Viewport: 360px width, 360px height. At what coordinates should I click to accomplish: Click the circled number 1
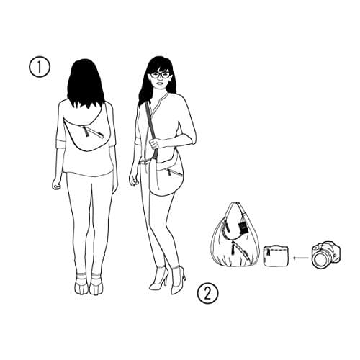tap(40, 67)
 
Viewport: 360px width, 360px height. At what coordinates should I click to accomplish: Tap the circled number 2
tap(208, 293)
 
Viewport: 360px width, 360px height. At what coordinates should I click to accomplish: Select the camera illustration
tap(326, 254)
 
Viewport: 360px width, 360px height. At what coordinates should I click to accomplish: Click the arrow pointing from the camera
tap(301, 258)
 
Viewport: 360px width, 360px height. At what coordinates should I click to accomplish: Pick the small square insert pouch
tap(276, 256)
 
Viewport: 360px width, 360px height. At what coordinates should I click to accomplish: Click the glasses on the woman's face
tap(160, 75)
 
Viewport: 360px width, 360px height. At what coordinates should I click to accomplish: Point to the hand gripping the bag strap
tap(156, 143)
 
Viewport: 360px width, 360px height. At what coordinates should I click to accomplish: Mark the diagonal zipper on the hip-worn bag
tap(174, 173)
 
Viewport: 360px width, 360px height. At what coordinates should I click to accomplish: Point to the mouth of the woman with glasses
tap(159, 84)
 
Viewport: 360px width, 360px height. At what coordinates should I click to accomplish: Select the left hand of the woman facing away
tap(55, 184)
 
